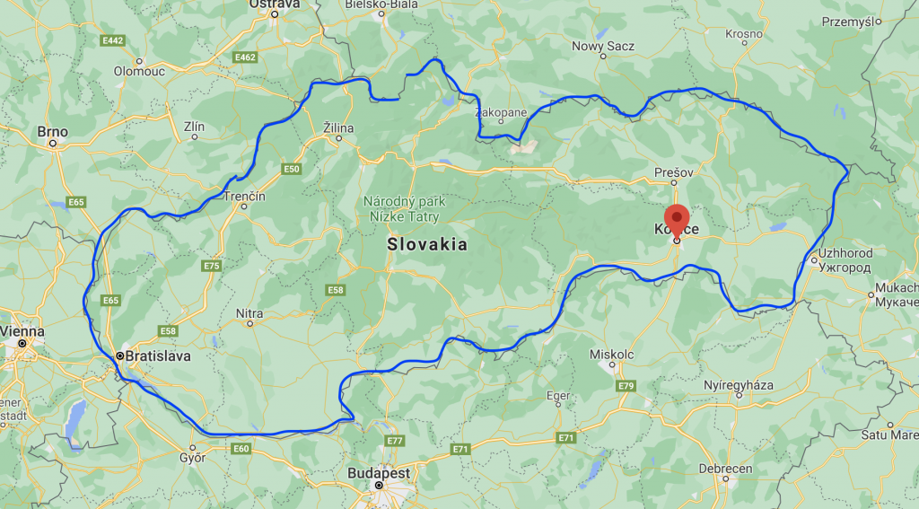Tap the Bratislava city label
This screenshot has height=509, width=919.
[159, 355]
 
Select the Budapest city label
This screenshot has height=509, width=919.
[381, 472]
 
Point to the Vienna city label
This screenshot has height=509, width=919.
[22, 331]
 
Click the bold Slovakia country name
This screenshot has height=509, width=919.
[427, 244]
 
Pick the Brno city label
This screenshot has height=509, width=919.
[52, 132]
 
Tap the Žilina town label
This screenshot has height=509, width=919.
[338, 128]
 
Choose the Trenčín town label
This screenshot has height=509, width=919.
[245, 196]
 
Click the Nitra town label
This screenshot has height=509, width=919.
[249, 313]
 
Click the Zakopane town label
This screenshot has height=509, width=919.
[501, 113]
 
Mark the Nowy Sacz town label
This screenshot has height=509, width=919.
[603, 46]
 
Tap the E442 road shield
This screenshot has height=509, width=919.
[113, 40]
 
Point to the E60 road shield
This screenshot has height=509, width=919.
[241, 448]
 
